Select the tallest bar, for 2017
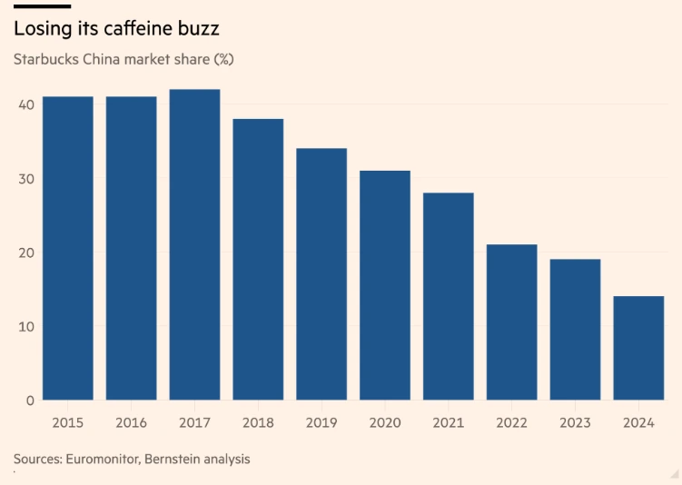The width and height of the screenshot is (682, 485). [194, 244]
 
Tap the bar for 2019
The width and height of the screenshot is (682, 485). [321, 273]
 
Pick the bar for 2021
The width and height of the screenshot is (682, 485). [448, 296]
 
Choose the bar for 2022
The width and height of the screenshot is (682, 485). [511, 322]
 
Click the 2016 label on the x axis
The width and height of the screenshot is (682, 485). [131, 422]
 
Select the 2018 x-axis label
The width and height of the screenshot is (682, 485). [258, 422]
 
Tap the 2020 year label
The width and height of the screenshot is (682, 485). [385, 422]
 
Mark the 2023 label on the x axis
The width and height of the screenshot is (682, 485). [575, 422]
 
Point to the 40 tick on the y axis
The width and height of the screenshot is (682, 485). [25, 104]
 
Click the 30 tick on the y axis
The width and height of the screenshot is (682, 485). [25, 179]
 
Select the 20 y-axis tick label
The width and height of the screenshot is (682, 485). [25, 252]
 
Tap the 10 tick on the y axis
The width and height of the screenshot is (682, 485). [25, 326]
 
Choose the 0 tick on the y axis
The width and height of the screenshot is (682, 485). [30, 400]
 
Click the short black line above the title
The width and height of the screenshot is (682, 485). [42, 6]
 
